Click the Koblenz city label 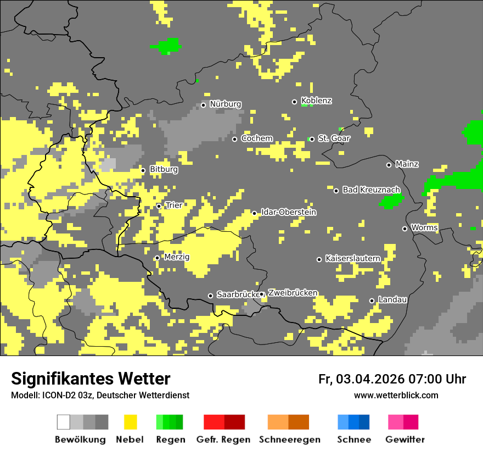(317, 101)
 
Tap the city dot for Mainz (389, 165)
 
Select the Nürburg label (225, 104)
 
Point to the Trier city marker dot (159, 207)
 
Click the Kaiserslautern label (353, 258)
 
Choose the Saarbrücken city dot (210, 296)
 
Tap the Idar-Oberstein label (289, 212)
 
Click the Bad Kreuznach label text (371, 190)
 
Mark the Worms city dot (405, 229)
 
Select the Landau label (392, 299)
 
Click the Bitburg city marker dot (143, 170)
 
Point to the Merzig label (177, 257)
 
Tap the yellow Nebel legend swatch (130, 422)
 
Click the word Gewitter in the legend (405, 440)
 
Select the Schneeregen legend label (290, 440)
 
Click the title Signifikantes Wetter (91, 379)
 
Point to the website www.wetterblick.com (396, 395)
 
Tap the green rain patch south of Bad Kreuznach (391, 202)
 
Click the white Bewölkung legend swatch (63, 422)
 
